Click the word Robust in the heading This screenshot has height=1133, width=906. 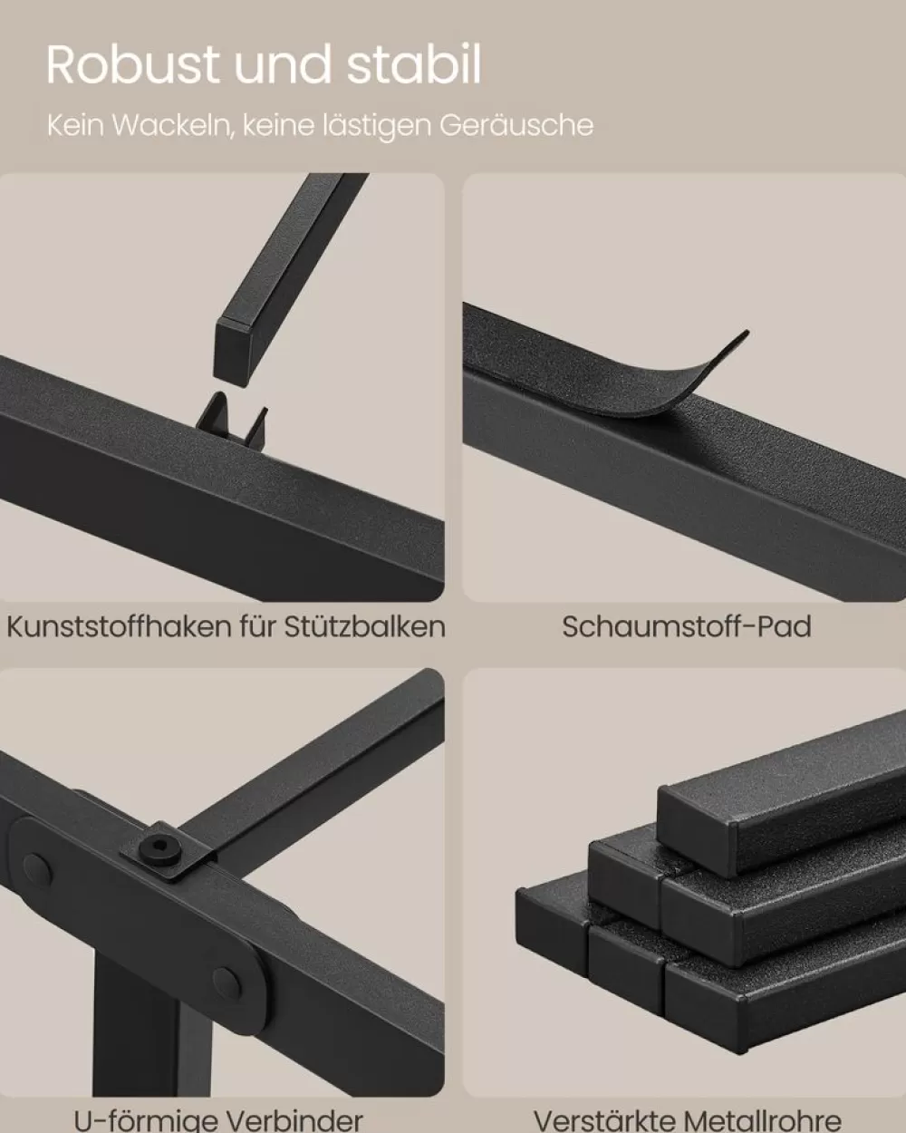[x=132, y=64]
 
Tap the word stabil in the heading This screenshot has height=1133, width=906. [x=414, y=64]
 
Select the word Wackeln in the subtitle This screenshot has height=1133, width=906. [x=173, y=125]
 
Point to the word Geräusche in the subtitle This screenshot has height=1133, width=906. [x=516, y=126]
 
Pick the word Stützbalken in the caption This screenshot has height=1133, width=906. [x=365, y=626]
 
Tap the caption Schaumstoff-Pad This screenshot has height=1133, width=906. [x=687, y=626]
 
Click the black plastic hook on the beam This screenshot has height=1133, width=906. [x=232, y=417]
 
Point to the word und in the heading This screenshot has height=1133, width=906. [x=282, y=64]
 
